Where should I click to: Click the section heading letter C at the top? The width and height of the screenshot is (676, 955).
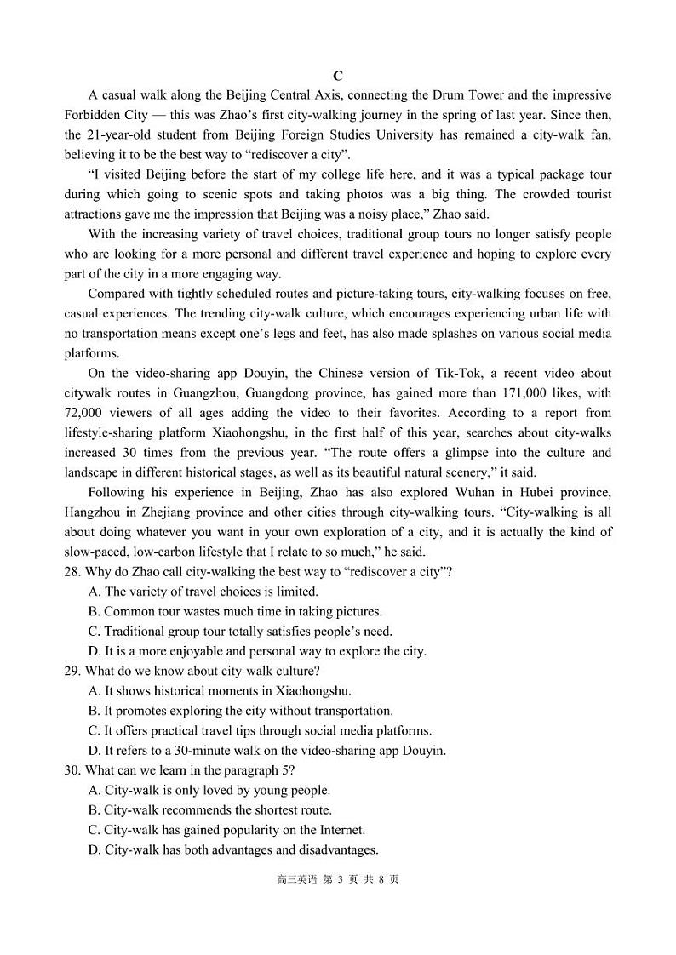[x=338, y=76]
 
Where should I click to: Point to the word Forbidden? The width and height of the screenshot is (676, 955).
[x=94, y=115]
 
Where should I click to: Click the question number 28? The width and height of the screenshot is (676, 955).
[x=72, y=572]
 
